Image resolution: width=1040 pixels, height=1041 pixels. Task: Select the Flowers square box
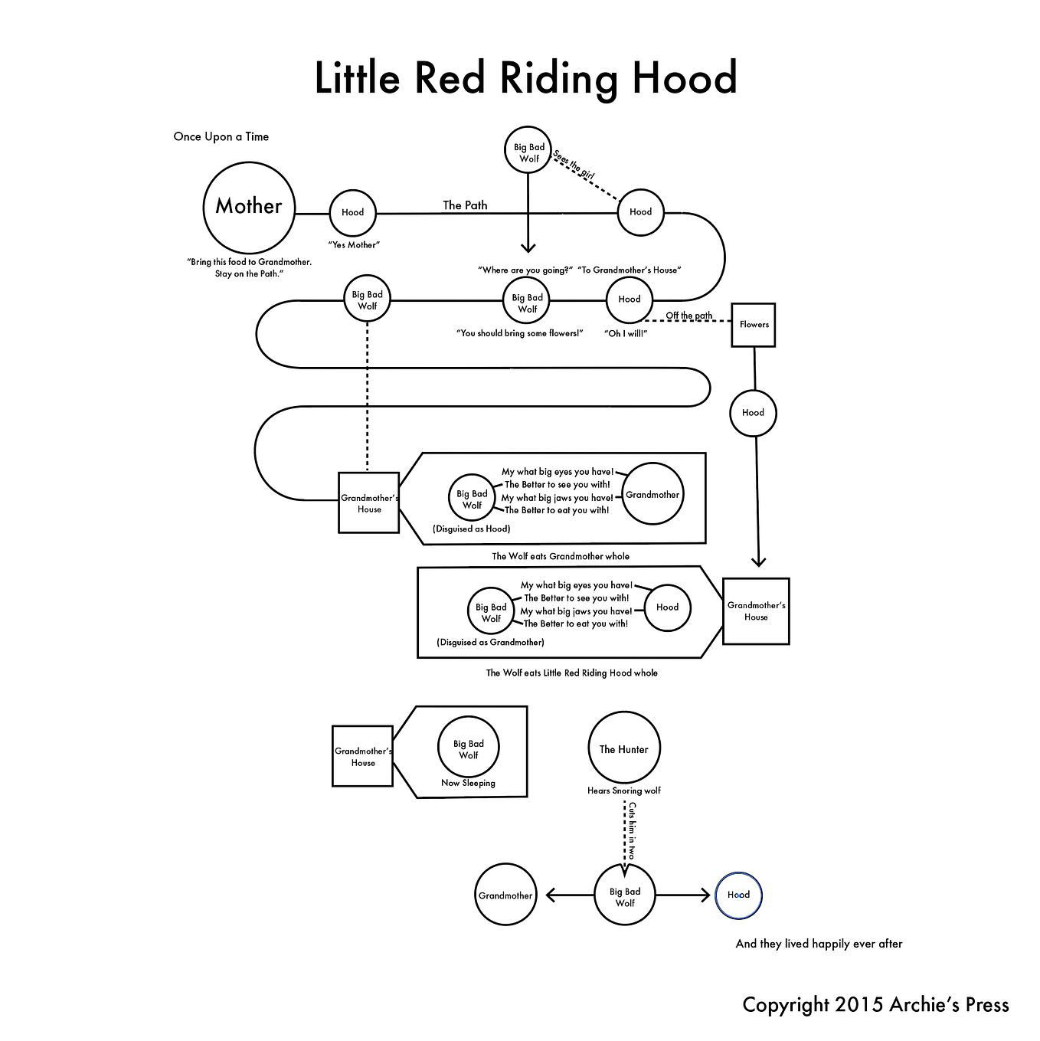pyautogui.click(x=754, y=325)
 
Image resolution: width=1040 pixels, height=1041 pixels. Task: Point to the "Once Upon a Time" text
pyautogui.click(x=221, y=136)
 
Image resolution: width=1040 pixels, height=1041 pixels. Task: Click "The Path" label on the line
pyautogui.click(x=465, y=205)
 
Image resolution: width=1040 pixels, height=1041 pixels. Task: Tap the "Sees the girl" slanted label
pyautogui.click(x=573, y=164)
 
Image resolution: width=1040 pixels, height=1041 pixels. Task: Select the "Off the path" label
pyautogui.click(x=688, y=316)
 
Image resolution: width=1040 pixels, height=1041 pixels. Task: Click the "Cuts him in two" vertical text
pyautogui.click(x=632, y=830)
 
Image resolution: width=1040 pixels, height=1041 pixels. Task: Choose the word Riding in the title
pyautogui.click(x=558, y=79)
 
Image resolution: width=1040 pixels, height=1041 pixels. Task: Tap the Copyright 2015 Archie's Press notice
pyautogui.click(x=876, y=1004)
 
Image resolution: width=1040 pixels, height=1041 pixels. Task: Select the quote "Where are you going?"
pyautogui.click(x=525, y=270)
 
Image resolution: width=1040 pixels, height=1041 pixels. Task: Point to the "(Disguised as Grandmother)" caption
pyautogui.click(x=491, y=643)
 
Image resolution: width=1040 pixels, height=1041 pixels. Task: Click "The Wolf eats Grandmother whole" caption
pyautogui.click(x=561, y=556)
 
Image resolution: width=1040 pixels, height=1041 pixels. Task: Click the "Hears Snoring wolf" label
pyautogui.click(x=624, y=791)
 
